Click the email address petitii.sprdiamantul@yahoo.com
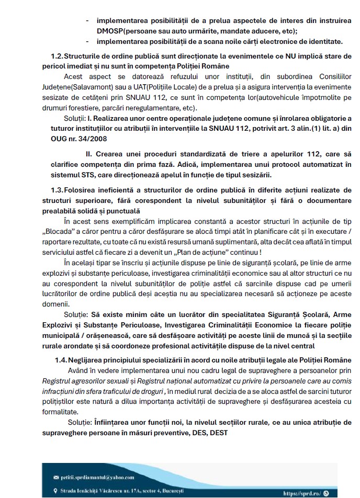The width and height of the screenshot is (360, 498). (98, 477)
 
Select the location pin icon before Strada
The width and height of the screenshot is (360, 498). (56, 491)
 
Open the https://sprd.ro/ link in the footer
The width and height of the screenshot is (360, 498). (302, 493)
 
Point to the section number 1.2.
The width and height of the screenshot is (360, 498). (57, 55)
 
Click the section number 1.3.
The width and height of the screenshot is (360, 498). (57, 189)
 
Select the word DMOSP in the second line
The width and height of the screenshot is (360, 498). (111, 31)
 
